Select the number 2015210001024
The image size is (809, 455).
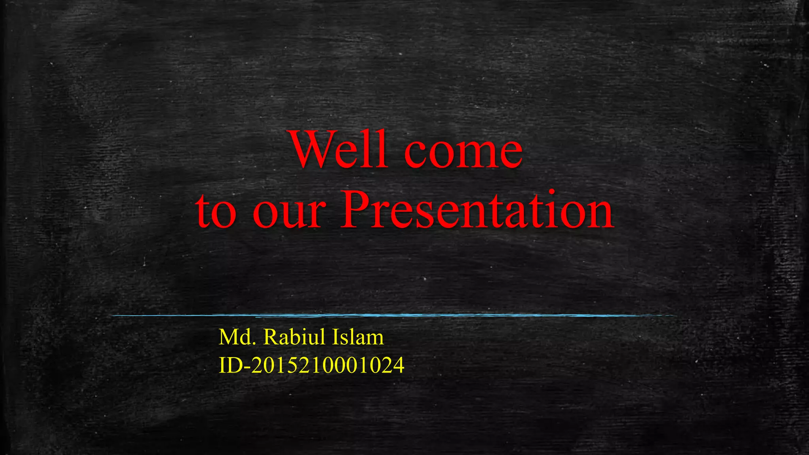click(328, 365)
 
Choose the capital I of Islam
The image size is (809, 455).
click(335, 337)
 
